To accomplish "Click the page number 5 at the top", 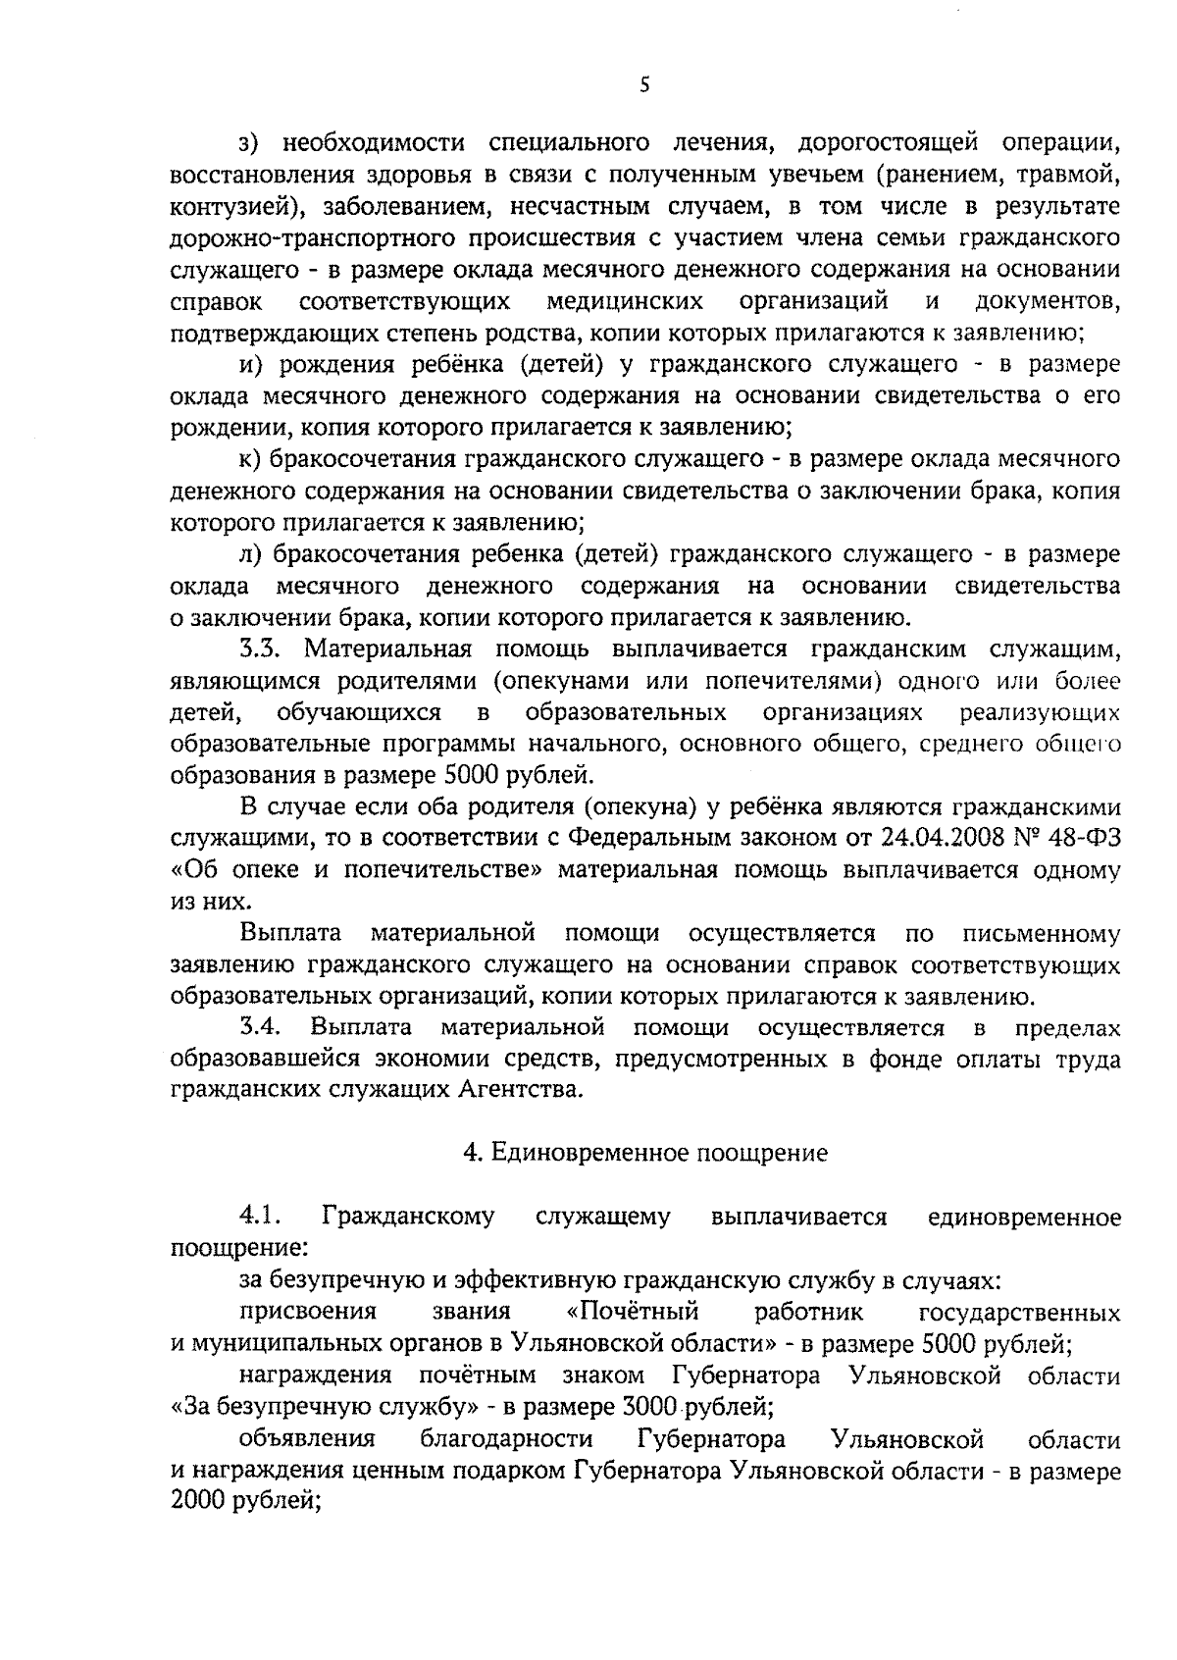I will click(643, 85).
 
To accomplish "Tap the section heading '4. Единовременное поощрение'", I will click(644, 1153).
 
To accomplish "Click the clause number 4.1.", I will click(261, 1217).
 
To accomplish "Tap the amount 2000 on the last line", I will click(198, 1502).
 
